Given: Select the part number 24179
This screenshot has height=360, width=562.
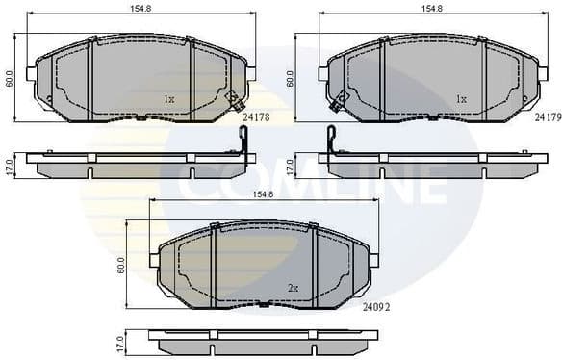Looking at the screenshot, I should click(x=547, y=116).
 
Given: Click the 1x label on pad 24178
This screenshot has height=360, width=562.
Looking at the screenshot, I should click(x=168, y=98).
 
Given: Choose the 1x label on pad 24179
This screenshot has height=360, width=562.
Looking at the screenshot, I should click(x=460, y=98).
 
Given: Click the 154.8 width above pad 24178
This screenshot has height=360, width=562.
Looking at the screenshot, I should click(x=141, y=9).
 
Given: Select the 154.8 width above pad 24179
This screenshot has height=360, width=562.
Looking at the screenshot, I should click(x=432, y=9).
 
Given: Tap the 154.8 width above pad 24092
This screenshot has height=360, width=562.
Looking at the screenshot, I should click(x=263, y=194).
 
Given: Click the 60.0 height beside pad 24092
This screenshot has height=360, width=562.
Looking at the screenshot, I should click(x=120, y=264).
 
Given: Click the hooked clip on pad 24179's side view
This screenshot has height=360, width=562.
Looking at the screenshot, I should click(x=331, y=141).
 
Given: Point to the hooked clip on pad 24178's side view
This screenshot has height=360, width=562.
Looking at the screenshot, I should click(x=243, y=141).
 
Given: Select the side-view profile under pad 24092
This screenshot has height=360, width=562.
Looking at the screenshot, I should click(x=263, y=341).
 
